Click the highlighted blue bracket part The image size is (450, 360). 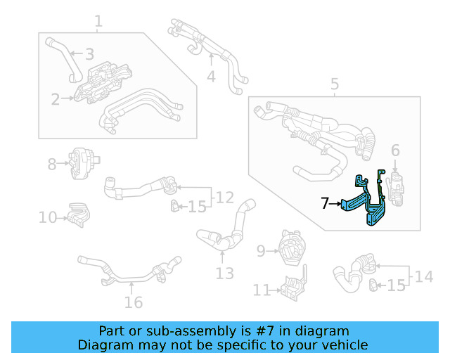pos(366,204)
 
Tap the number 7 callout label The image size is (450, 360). pos(325,204)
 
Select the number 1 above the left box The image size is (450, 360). pos(98,22)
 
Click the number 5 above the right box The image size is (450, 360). pos(335,86)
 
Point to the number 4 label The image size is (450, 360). pos(211,76)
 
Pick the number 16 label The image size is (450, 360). pos(133,302)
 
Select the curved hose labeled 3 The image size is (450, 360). pos(62,56)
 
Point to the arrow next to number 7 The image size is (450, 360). pos(337,204)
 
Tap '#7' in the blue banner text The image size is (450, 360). pos(271,330)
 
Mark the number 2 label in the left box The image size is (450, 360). pos(55,100)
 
